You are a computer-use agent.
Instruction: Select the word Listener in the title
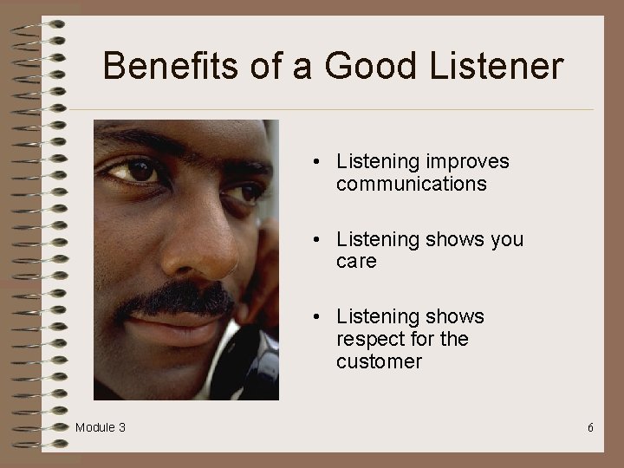pos(497,66)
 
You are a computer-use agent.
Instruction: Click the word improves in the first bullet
pos(467,162)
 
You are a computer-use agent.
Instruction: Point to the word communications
pos(411,184)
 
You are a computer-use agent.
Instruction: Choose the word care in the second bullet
pos(356,262)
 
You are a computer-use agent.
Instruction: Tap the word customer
pos(379,361)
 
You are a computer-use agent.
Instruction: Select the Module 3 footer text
pos(100,427)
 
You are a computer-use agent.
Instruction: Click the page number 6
pos(590,427)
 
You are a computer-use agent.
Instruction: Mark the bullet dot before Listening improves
pos(319,162)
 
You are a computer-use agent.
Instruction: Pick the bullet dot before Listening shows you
pos(319,240)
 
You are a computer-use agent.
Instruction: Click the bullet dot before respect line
pos(319,317)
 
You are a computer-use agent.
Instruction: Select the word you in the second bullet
pos(507,239)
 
